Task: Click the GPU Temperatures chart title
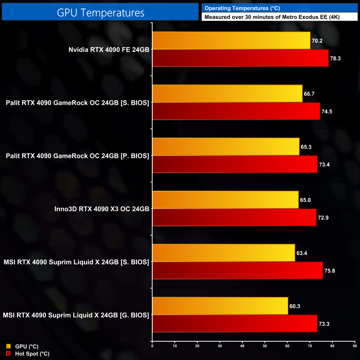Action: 101,13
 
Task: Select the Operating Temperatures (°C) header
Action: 242,8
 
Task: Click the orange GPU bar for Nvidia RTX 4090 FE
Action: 231,40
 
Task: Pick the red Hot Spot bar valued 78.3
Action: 240,58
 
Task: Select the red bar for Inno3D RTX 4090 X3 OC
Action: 234,217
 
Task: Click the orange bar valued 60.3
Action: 220,306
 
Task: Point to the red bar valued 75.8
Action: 237,270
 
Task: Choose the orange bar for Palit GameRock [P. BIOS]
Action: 226,147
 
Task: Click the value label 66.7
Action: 310,94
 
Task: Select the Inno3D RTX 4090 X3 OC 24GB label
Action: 102,209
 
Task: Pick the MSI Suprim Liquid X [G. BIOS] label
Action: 76,315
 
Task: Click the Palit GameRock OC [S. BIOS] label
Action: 78,103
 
